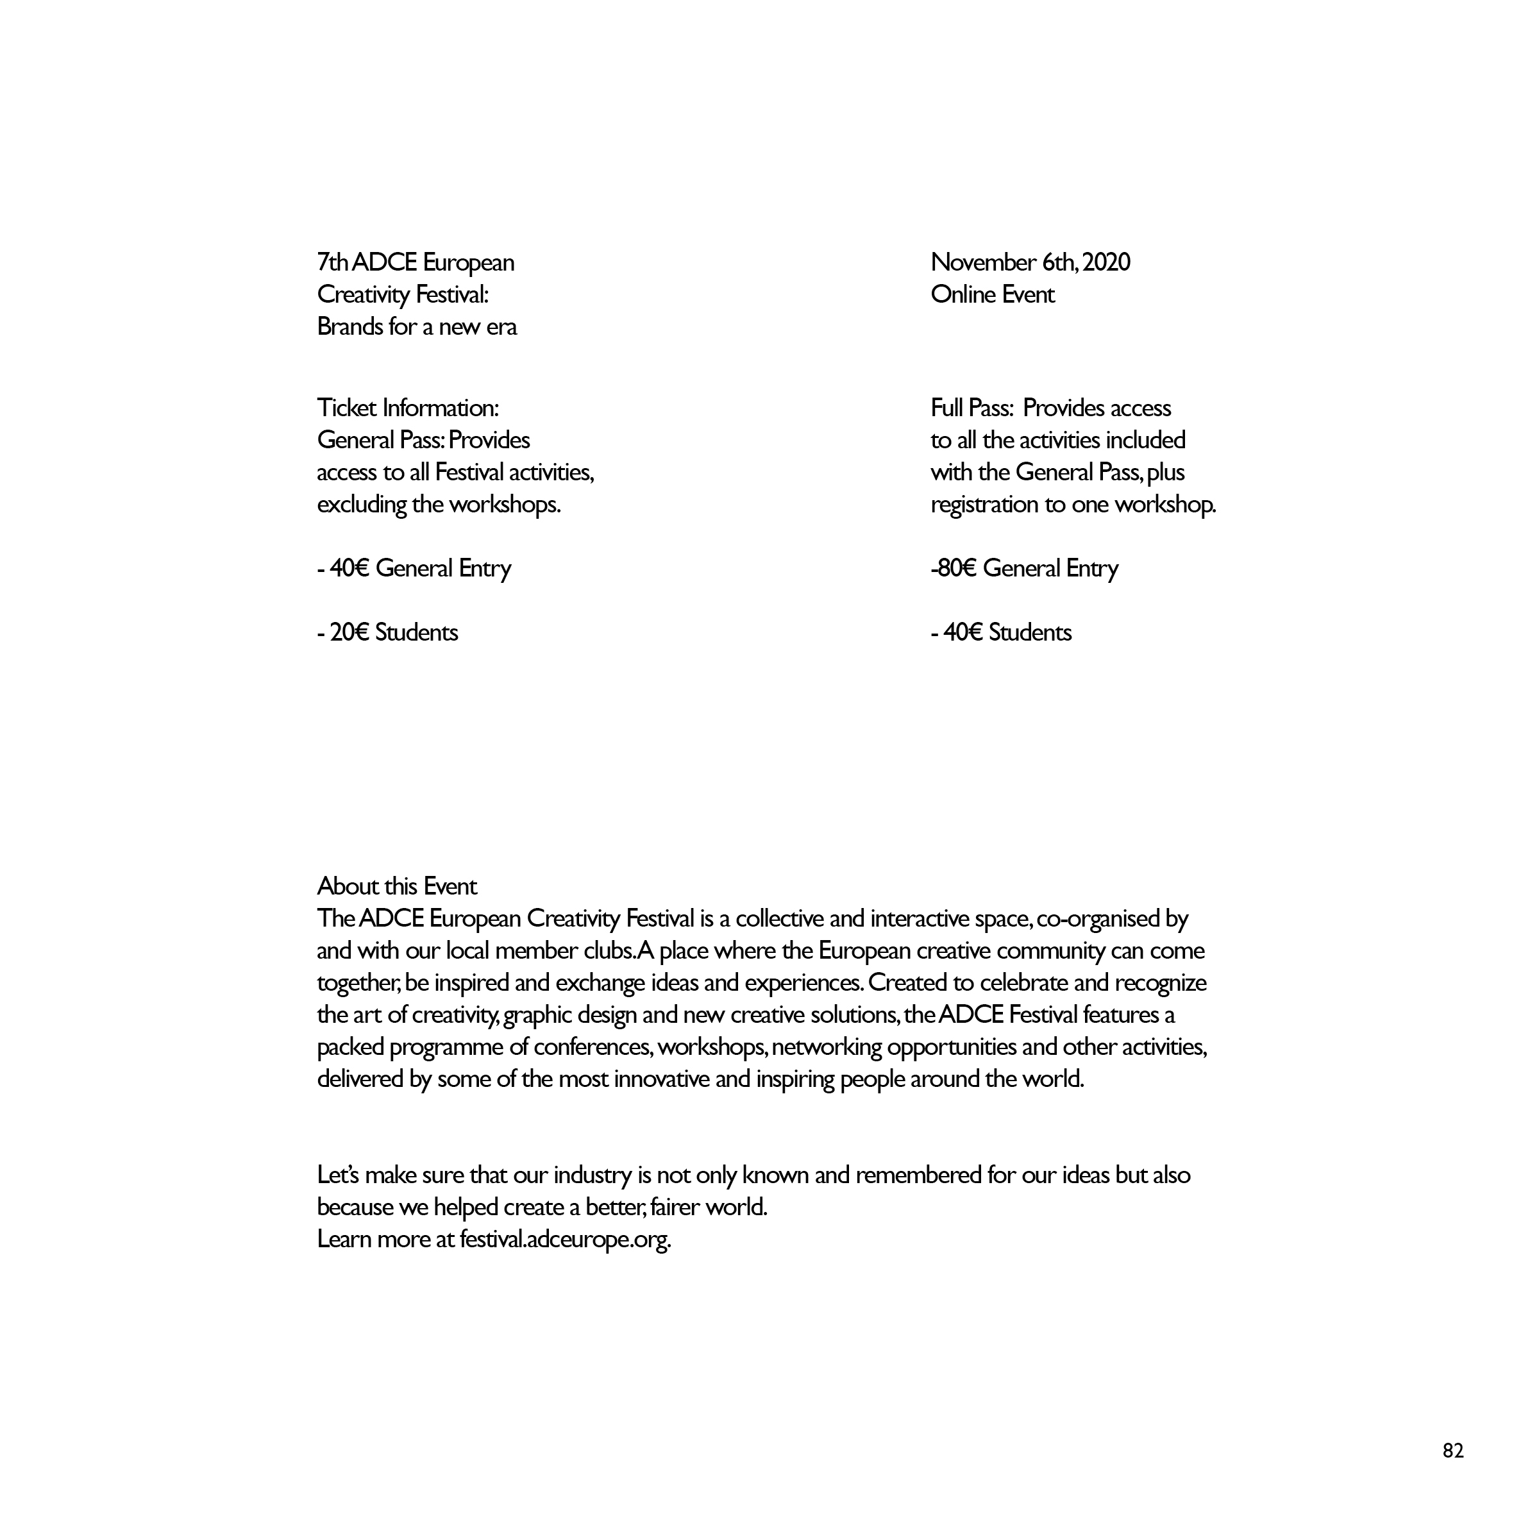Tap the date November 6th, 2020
[1030, 262]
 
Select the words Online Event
[992, 295]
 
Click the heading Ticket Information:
[408, 408]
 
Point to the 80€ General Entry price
[1025, 568]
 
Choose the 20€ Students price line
[388, 632]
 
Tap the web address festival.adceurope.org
[565, 1240]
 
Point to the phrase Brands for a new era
[417, 326]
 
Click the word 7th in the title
[333, 262]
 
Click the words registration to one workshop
[1073, 504]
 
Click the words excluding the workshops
[438, 504]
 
